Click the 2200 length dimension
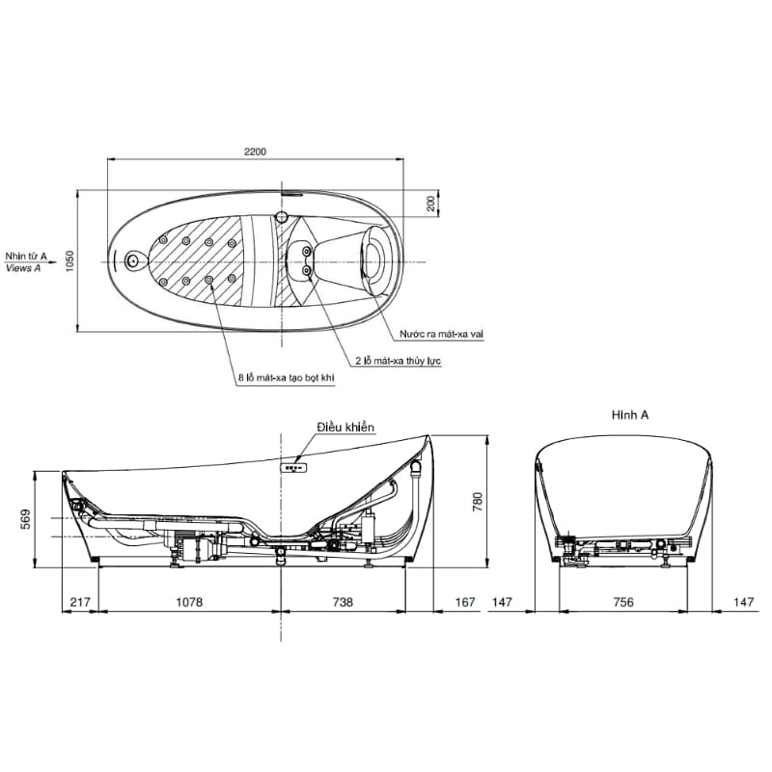coord(255,152)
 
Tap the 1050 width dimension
coord(69,261)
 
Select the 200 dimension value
coord(430,204)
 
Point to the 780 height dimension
coord(477,502)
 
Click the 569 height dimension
coord(25,519)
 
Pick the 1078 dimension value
coord(189,602)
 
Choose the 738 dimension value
coord(343,602)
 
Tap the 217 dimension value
coord(80,602)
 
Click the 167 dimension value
coord(465,602)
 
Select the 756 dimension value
coord(623,602)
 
